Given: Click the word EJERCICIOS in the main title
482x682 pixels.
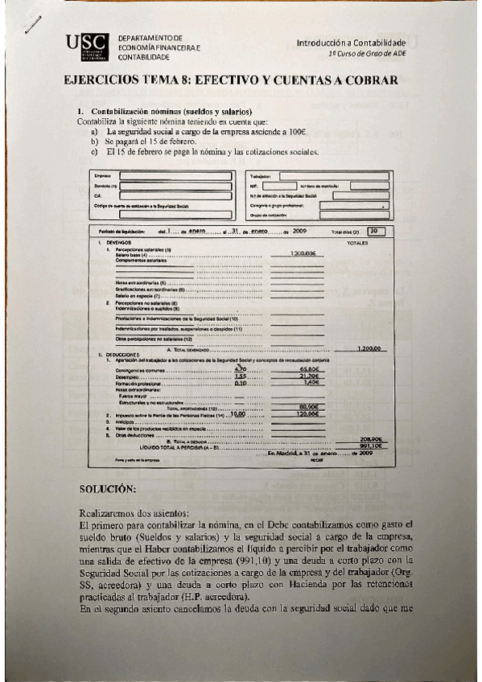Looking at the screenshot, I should click(101, 80).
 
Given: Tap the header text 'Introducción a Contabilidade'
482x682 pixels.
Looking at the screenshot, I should click(351, 42).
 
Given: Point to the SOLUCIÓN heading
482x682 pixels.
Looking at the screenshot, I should click(108, 489).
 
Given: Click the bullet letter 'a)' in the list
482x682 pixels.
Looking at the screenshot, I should click(95, 131).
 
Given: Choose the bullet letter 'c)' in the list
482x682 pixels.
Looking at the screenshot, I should click(95, 150).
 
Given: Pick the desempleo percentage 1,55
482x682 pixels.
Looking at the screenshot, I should click(240, 376).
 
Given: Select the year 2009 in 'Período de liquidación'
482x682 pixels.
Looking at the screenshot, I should click(300, 231).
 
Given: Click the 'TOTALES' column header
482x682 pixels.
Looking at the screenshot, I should click(356, 242).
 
